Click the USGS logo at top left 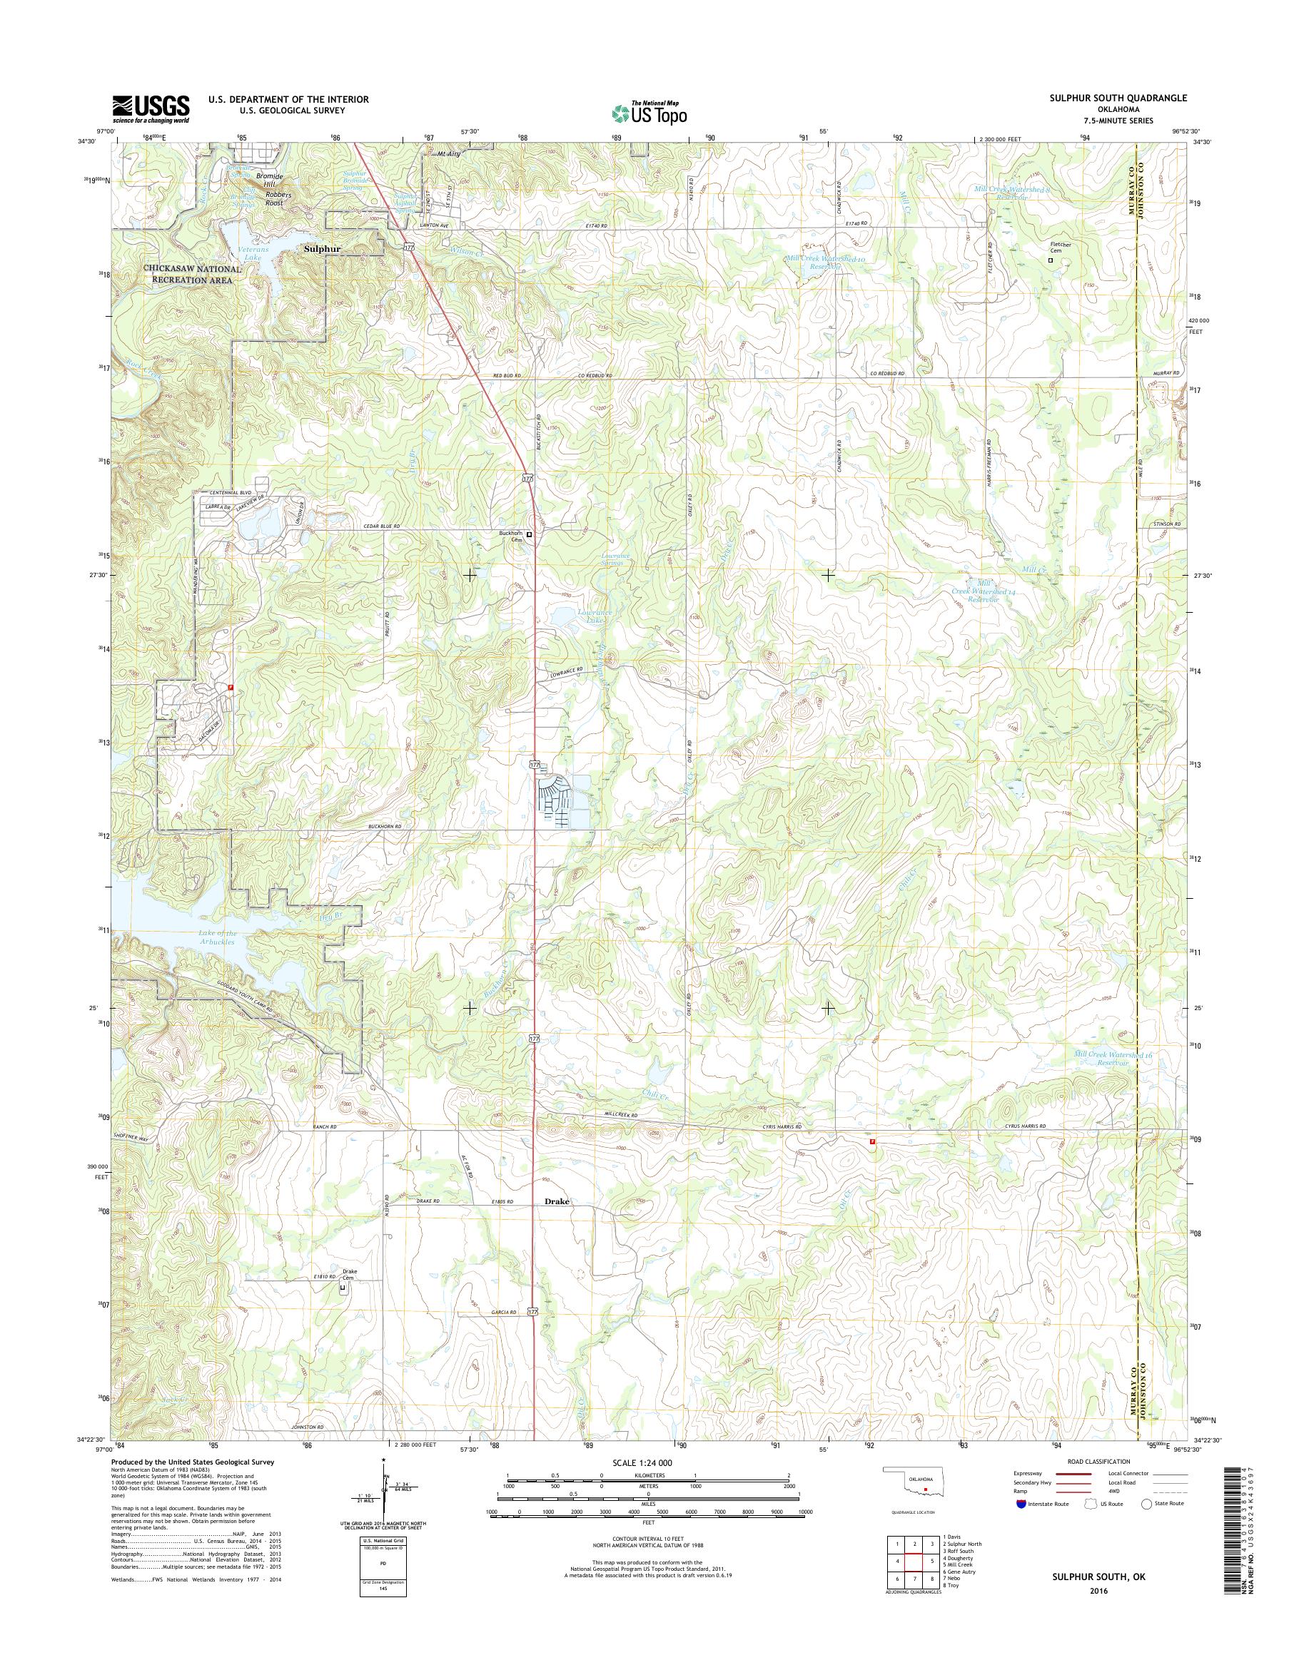[151, 108]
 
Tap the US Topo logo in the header [649, 113]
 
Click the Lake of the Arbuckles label [218, 937]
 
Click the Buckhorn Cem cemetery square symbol [530, 534]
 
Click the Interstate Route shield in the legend [1020, 1503]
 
